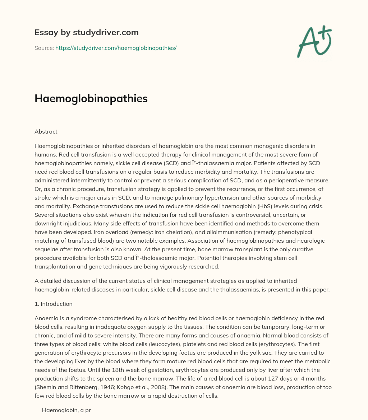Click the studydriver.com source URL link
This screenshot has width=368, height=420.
pos(116,48)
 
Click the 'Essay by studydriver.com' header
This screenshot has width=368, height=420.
pos(87,33)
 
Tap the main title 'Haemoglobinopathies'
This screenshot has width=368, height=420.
pos(91,99)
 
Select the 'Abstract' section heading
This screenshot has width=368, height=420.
pos(46,132)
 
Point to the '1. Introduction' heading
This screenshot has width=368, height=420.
pos(54,304)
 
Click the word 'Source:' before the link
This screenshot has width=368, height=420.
pos(44,48)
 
